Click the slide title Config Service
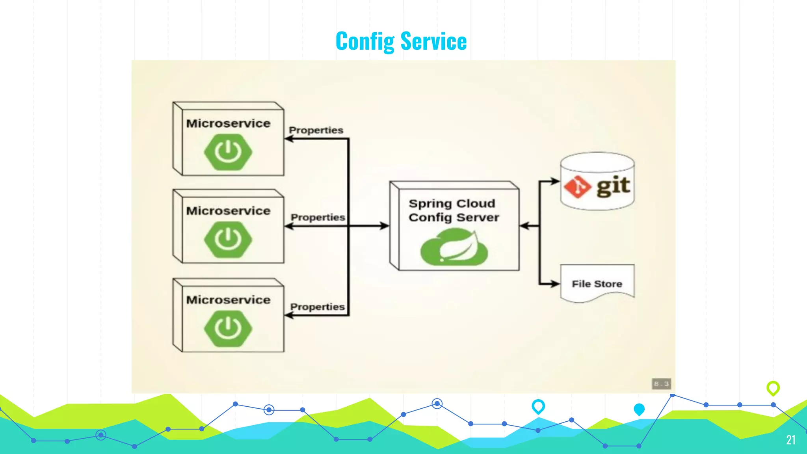401,41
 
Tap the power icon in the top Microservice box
228,152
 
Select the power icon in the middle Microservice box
228,239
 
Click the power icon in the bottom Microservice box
228,328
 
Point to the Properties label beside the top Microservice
316,130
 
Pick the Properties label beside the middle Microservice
318,217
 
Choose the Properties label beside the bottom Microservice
317,307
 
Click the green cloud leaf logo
454,248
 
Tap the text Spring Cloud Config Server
453,210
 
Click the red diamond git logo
577,186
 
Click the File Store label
597,284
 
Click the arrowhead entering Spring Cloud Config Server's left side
384,226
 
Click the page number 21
790,440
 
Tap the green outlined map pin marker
773,388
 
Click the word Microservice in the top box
228,123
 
